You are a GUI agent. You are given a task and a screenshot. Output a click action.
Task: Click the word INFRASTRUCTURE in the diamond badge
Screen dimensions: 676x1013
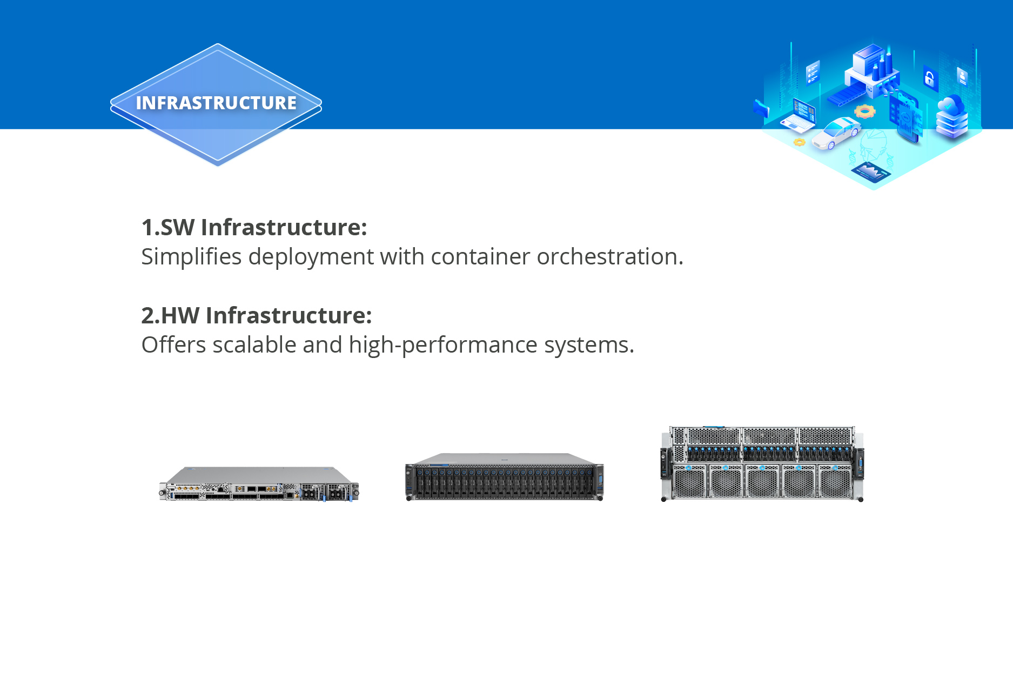tap(216, 103)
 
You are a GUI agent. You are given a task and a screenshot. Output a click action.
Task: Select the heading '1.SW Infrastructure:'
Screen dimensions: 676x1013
tap(254, 227)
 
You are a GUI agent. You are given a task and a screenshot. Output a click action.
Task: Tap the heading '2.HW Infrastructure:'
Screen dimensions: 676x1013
tap(257, 315)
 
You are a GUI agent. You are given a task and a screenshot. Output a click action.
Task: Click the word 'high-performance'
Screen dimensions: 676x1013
tap(443, 345)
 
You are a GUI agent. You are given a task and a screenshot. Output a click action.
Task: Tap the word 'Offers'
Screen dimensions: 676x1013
tap(173, 345)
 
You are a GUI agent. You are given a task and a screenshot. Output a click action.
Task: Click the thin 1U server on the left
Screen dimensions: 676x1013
tap(259, 484)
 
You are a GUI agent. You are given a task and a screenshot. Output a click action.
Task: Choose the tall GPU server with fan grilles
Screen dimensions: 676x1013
tap(762, 464)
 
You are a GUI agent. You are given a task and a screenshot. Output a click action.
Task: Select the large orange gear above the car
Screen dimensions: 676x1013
tap(864, 111)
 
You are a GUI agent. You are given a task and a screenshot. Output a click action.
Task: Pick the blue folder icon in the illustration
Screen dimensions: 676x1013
tap(761, 108)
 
